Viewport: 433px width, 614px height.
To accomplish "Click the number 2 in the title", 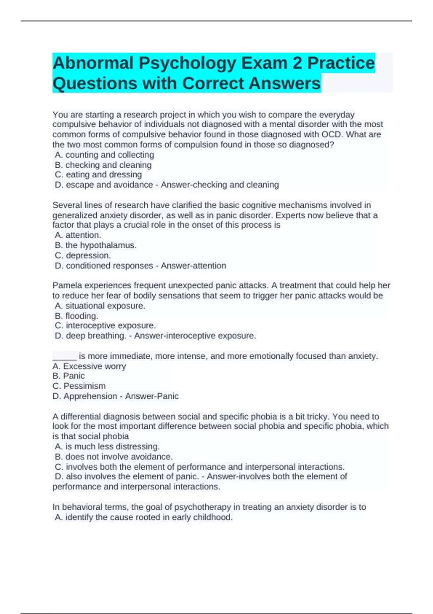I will tap(297, 63).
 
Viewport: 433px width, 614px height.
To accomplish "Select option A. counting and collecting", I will tap(104, 155).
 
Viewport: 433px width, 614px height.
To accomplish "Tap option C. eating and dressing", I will tap(99, 175).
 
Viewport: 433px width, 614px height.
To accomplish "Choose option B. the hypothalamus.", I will tap(96, 245).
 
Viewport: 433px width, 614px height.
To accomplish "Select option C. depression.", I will tap(83, 255).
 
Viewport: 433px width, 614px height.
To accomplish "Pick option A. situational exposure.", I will tap(100, 306).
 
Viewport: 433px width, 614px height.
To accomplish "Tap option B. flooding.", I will tap(76, 316).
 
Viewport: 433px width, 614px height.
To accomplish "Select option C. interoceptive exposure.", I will tap(105, 325).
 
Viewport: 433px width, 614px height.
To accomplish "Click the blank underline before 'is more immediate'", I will tap(65, 357).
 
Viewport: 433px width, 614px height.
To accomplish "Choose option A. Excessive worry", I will tap(89, 366).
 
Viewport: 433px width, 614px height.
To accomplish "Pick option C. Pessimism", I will tap(79, 386).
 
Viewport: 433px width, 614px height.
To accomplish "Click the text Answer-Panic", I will tap(152, 396).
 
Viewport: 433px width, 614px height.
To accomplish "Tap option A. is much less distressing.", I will tap(107, 446).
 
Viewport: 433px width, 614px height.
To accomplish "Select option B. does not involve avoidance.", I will tap(114, 457).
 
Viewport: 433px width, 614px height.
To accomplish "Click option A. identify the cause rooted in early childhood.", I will tap(144, 517).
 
